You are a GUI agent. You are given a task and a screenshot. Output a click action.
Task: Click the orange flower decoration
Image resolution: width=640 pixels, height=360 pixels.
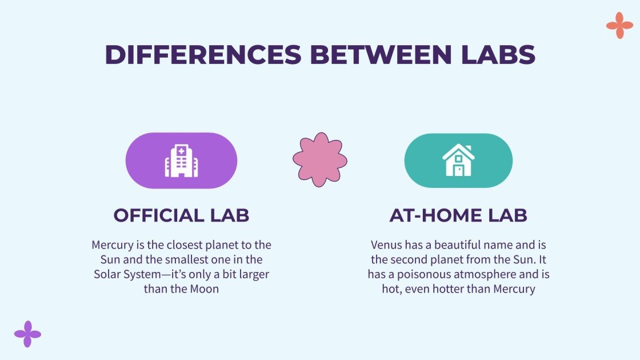click(619, 26)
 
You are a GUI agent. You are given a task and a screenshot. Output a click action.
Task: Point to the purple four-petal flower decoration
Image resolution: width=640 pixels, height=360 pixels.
click(27, 334)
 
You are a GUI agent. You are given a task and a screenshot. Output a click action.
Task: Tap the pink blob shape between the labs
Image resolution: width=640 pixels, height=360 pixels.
click(320, 160)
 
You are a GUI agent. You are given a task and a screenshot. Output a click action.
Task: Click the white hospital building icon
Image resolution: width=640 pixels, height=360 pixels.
click(181, 161)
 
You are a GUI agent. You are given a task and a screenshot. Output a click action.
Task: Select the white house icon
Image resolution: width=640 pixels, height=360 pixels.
click(458, 161)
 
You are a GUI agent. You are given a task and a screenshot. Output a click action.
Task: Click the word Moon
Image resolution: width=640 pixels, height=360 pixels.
click(205, 289)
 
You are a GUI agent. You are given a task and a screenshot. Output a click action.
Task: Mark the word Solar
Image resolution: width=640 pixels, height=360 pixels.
click(110, 274)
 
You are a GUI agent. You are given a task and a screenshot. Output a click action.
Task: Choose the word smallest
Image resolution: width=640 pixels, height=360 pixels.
click(154, 260)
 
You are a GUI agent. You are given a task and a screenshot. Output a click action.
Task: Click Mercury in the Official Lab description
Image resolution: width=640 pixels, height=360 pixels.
click(113, 245)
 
